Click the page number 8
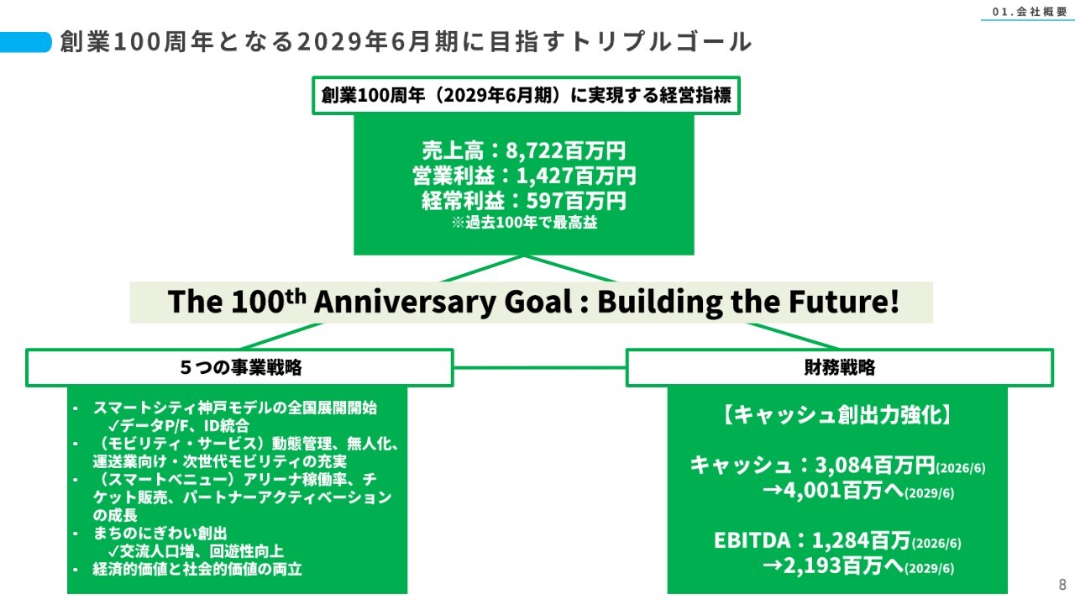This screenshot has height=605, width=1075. coord(1062,584)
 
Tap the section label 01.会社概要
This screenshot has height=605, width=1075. coord(1030,12)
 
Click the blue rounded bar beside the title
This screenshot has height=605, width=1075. coord(25,42)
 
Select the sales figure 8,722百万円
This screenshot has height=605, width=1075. coord(566,150)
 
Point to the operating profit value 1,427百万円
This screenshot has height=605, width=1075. coord(576,176)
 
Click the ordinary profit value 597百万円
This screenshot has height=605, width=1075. coord(576,201)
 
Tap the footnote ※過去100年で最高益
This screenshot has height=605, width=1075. coord(524,223)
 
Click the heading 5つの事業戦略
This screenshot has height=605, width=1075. coord(241,367)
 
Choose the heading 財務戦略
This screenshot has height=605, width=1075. coord(839,367)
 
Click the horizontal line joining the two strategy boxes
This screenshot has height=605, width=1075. coord(540,368)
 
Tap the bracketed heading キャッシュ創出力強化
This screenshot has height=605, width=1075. coord(837,415)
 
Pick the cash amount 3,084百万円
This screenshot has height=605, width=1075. coord(875,465)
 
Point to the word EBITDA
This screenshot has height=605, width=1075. coord(752,540)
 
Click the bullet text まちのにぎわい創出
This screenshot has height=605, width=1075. coord(160,533)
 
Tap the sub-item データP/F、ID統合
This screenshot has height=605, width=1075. coord(179,425)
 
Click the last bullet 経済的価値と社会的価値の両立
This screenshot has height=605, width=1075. coord(197,569)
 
